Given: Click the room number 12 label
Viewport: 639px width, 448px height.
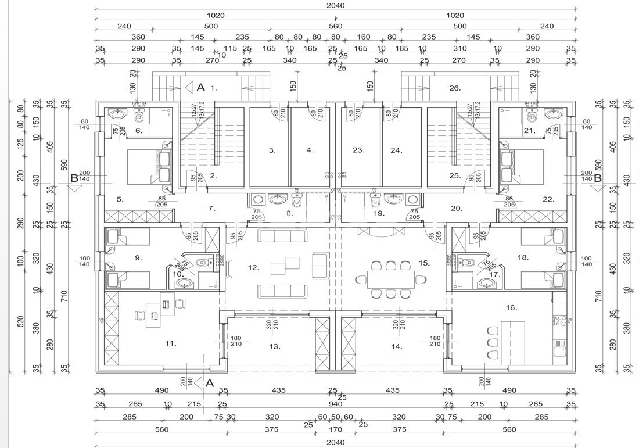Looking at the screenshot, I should (253, 268).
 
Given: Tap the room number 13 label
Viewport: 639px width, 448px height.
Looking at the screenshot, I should (275, 346).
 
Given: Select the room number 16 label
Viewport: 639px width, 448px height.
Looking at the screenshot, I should (511, 307).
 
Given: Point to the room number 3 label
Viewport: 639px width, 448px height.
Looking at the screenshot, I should (272, 150).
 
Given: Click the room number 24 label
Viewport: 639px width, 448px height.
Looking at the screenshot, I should (396, 150).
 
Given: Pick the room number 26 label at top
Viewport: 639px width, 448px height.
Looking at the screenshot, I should (455, 88).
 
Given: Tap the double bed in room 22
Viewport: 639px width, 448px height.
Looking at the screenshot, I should (521, 167).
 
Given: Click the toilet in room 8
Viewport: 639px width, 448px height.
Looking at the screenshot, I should (297, 201).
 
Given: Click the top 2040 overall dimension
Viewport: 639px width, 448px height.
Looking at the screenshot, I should (336, 5).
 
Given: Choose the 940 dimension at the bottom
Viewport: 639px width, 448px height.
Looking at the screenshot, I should (336, 404).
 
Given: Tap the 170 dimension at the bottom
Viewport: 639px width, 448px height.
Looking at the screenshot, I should (336, 430).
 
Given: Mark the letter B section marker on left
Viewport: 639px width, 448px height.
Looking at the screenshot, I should (74, 178).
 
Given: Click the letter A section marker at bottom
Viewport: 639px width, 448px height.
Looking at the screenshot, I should (210, 383).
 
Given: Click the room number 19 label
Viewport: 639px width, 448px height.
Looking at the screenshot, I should (379, 213).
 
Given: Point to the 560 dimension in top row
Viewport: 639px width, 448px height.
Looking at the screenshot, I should (336, 26).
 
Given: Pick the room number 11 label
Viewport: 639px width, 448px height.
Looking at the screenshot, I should (170, 343).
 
